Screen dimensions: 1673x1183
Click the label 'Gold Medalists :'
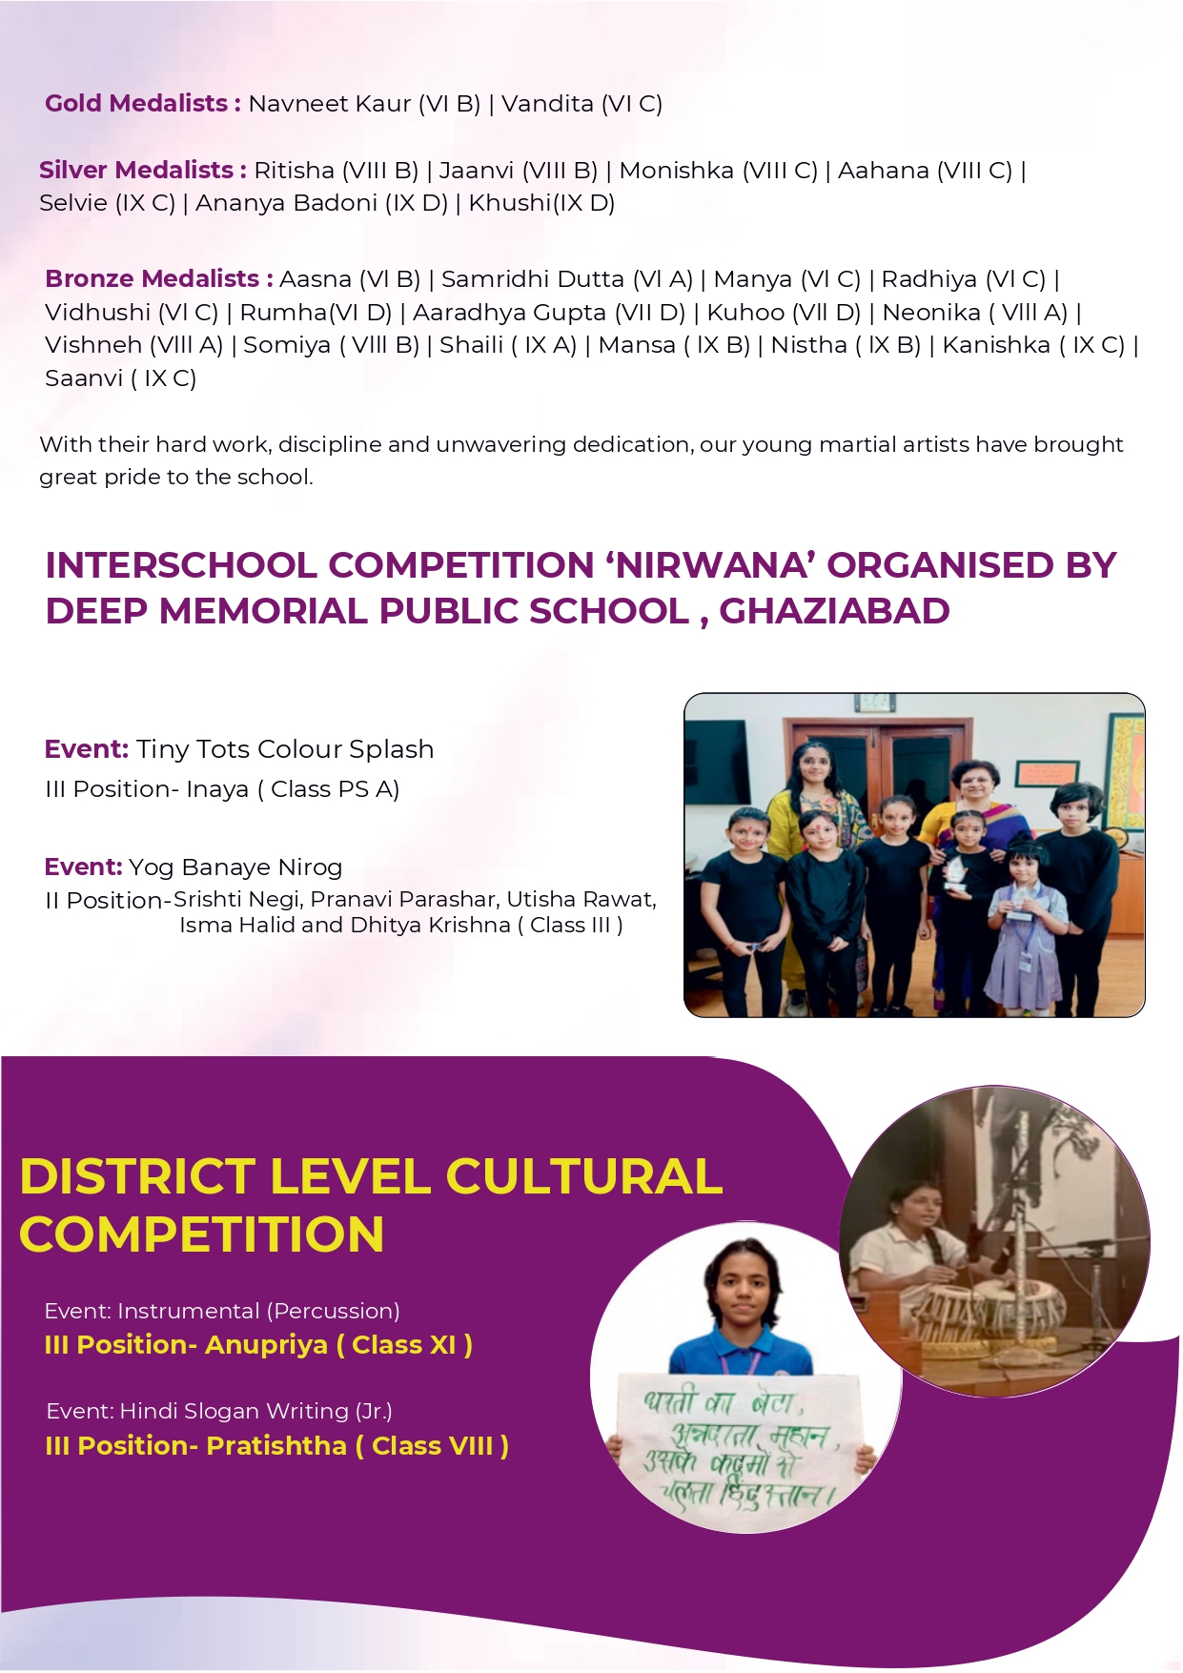tap(142, 103)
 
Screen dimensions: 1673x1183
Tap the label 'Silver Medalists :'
tap(143, 170)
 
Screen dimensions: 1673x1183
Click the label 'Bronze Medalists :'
tap(159, 278)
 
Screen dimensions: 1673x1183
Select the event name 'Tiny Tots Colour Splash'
tap(284, 749)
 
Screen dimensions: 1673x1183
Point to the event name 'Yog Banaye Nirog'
tap(235, 867)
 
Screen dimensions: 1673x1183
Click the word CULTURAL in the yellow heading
tap(583, 1176)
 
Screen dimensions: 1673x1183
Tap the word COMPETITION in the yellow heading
tap(202, 1234)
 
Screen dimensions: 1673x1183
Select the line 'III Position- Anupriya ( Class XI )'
tap(258, 1345)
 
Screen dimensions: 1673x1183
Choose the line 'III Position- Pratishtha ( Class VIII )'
tap(276, 1446)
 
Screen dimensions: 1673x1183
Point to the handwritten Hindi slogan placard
tap(741, 1439)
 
